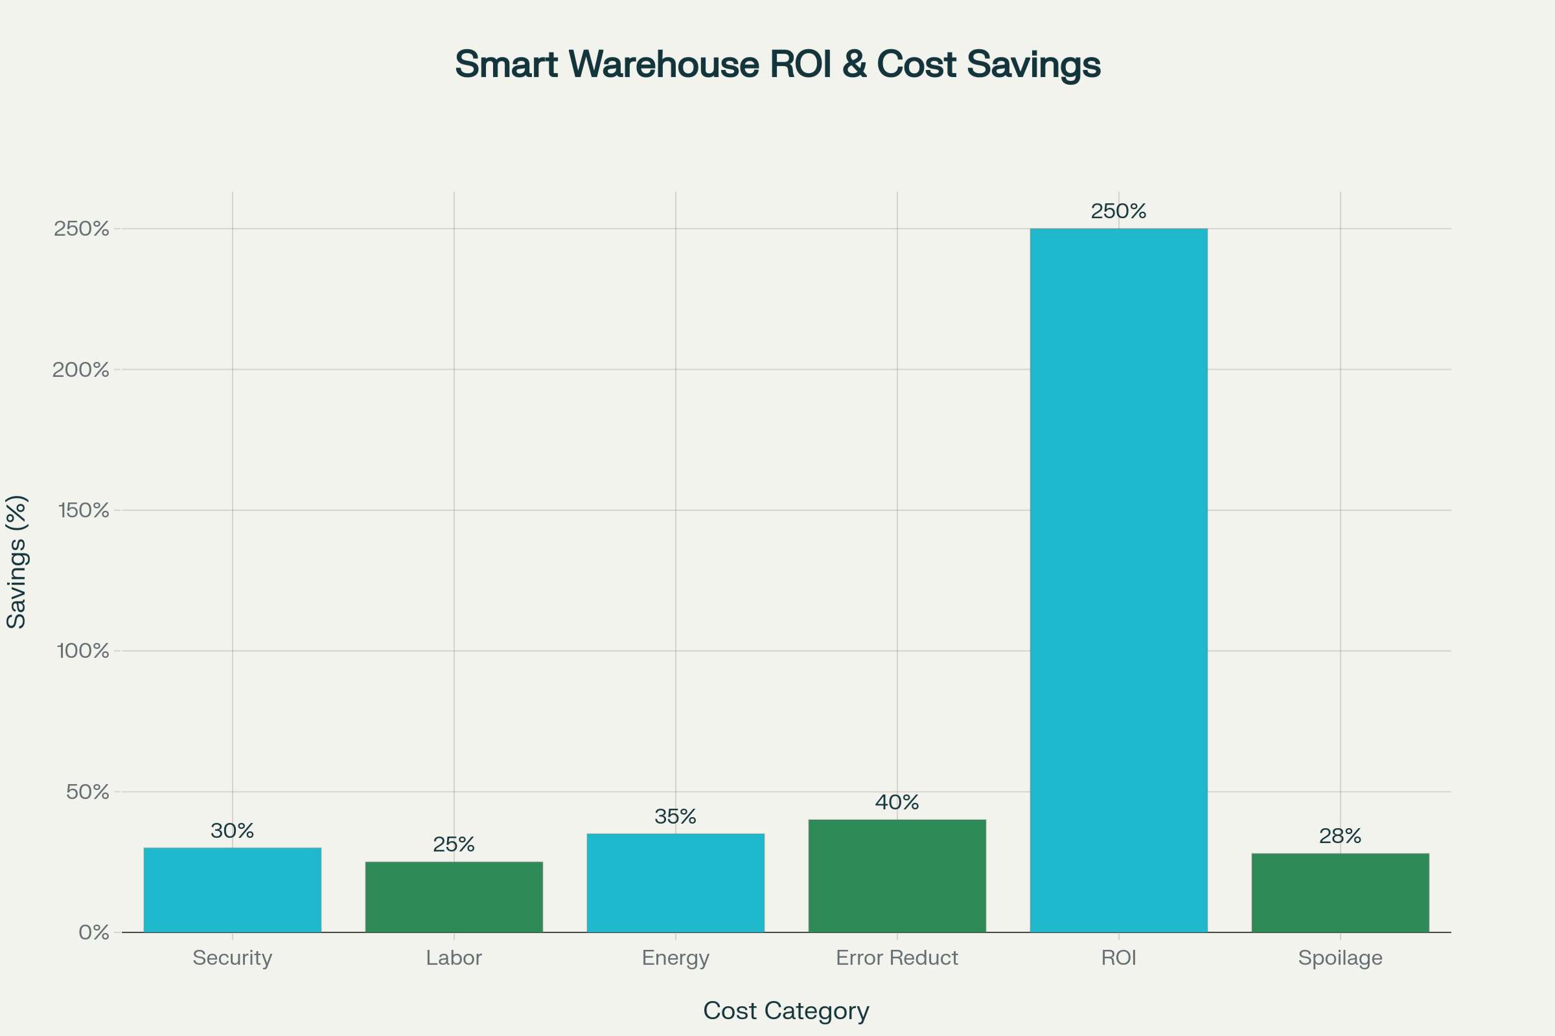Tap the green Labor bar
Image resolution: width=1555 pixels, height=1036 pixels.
tap(454, 897)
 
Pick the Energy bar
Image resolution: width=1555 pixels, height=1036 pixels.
tap(675, 883)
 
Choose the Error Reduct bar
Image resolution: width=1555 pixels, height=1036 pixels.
tap(897, 875)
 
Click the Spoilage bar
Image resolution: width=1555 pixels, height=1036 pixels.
tap(1340, 893)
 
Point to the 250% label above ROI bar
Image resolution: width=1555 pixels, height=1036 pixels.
tap(1119, 212)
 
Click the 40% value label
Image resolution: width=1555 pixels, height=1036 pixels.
tap(897, 802)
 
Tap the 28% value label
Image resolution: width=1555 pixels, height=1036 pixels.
tap(1340, 836)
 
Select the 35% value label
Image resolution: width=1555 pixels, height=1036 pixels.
tap(675, 816)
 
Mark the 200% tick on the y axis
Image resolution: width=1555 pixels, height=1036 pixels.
tap(80, 370)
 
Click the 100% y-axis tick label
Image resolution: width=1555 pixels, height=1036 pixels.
tap(83, 651)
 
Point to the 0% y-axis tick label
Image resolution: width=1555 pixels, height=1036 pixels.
tap(94, 932)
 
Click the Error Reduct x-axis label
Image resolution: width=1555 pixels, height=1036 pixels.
tap(897, 958)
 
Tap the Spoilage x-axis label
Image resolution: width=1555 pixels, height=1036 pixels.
tap(1340, 958)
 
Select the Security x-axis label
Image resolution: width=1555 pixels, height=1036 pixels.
tap(232, 958)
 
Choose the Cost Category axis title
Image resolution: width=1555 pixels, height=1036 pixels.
tap(786, 1010)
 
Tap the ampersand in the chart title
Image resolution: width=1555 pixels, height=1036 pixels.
tap(854, 64)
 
